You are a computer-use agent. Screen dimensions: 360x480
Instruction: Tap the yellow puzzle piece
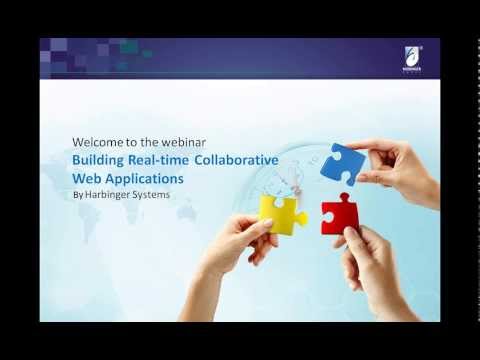(x=282, y=213)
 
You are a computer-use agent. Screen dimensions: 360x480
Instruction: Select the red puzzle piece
(x=337, y=213)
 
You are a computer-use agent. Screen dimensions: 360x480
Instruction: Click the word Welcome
(x=98, y=140)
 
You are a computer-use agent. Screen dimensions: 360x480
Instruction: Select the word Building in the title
(x=99, y=160)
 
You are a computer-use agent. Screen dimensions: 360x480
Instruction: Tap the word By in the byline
(x=79, y=195)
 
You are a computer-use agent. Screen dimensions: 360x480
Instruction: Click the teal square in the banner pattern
(x=128, y=47)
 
